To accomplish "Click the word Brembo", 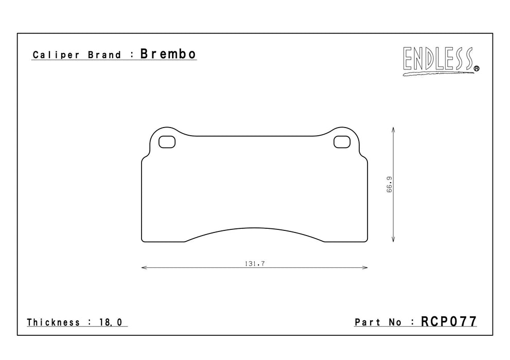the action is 168,54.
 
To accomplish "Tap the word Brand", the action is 104,55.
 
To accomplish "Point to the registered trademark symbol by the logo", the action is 477,68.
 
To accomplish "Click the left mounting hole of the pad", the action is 167,141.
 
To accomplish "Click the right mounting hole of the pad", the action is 342,141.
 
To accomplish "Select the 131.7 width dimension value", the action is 255,263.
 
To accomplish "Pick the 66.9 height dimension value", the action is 390,185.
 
